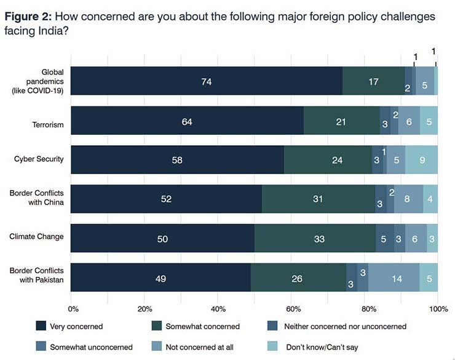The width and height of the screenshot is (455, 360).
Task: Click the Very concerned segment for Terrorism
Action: pyautogui.click(x=188, y=121)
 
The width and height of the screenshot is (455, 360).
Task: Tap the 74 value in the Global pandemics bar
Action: pyautogui.click(x=206, y=81)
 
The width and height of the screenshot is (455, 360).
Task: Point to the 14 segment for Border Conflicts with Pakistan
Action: pyautogui.click(x=397, y=278)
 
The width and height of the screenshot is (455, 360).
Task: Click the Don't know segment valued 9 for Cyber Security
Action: pyautogui.click(x=421, y=159)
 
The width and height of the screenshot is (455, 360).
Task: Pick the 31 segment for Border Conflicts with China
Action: pyautogui.click(x=318, y=199)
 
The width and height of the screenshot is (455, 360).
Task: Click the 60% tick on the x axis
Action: pyautogui.click(x=293, y=308)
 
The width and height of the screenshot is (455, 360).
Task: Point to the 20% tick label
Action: pyautogui.click(x=146, y=308)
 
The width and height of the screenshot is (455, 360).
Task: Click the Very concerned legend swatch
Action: pyautogui.click(x=41, y=326)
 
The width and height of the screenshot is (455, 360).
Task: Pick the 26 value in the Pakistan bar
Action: pyautogui.click(x=297, y=278)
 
